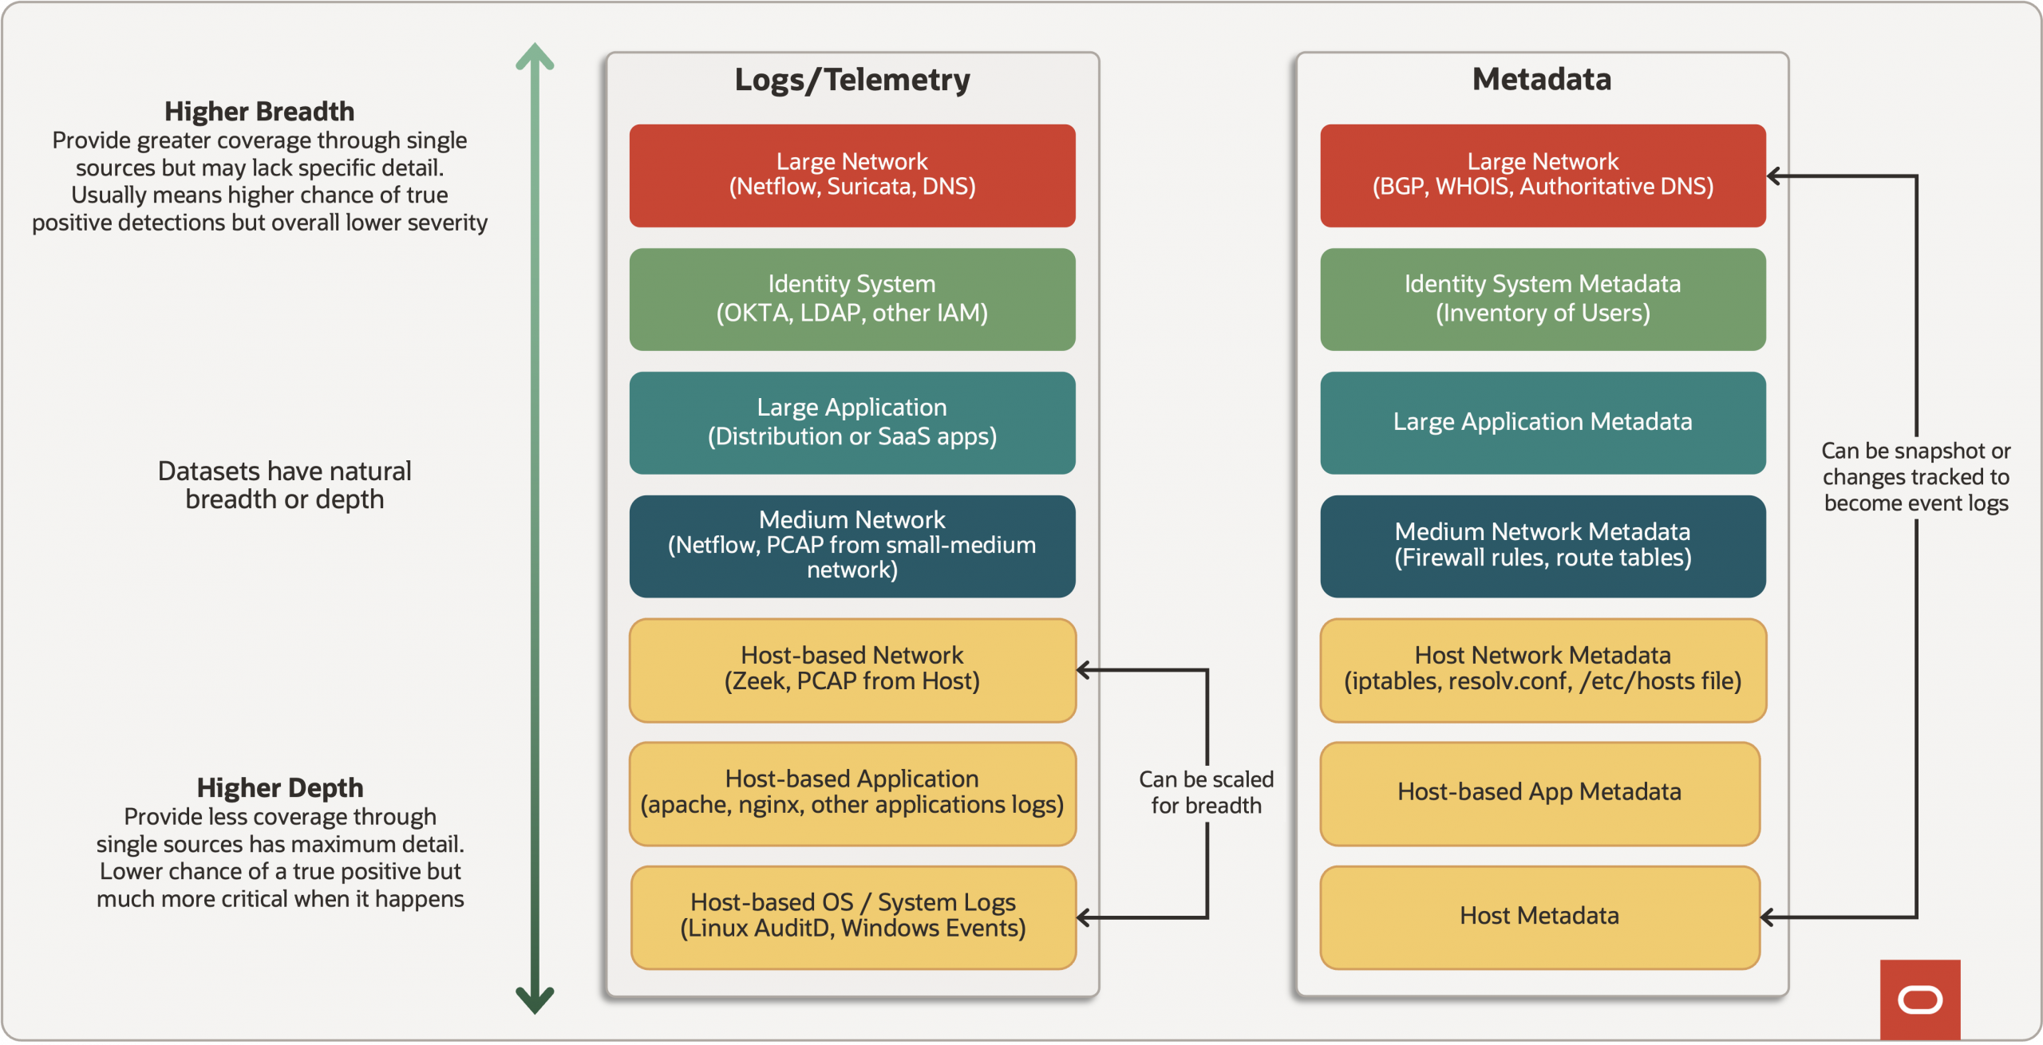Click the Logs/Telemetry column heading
[x=852, y=80]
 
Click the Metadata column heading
[x=1541, y=80]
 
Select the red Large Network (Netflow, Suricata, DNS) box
[x=852, y=175]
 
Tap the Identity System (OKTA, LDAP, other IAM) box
[x=852, y=299]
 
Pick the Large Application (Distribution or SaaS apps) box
[x=852, y=423]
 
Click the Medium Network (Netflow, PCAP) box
[x=852, y=546]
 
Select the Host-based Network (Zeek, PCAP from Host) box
[x=852, y=670]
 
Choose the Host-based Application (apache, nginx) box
[x=852, y=794]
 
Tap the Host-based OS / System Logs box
[x=852, y=917]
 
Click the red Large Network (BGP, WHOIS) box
[x=1542, y=175]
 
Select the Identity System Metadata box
[x=1542, y=299]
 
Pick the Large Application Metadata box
[x=1542, y=423]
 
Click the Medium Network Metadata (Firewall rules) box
[x=1542, y=546]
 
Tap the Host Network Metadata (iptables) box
[x=1542, y=670]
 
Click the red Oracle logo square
[x=1919, y=999]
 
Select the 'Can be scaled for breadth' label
[x=1206, y=792]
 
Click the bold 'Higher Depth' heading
[x=279, y=788]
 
